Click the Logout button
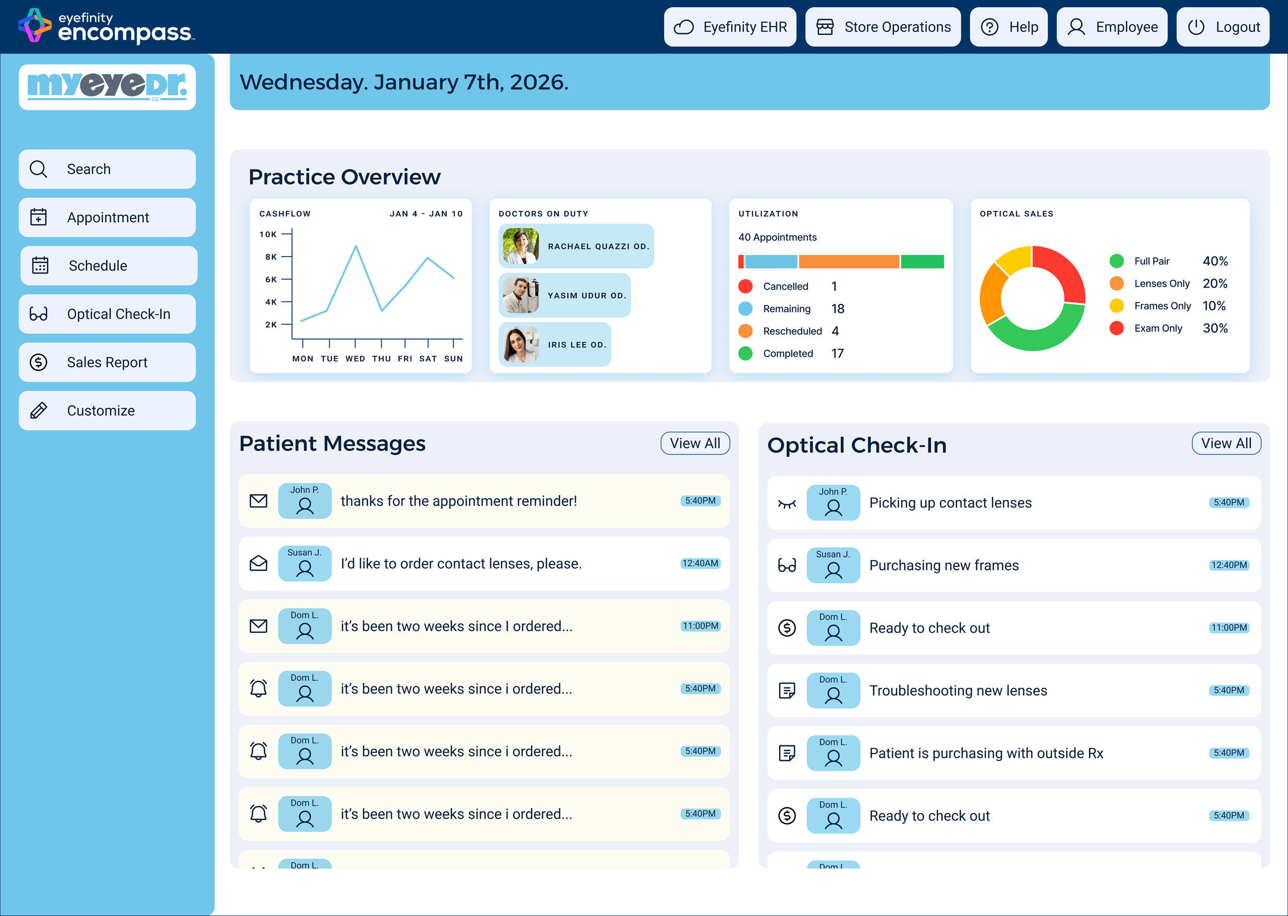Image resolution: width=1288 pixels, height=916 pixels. click(x=1223, y=27)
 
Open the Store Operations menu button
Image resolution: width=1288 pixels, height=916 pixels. click(x=883, y=27)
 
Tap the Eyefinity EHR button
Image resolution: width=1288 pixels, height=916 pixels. click(x=730, y=27)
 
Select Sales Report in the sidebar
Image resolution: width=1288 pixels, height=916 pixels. click(x=107, y=362)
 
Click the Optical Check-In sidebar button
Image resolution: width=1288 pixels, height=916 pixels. click(x=107, y=314)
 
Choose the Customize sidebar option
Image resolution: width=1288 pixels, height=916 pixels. click(x=107, y=411)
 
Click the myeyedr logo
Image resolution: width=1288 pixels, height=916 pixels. click(x=107, y=87)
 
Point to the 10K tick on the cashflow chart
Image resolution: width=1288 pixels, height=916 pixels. click(x=286, y=233)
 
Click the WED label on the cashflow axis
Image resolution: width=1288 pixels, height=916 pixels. click(x=355, y=359)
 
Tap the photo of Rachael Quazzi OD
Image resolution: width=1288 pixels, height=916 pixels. click(x=520, y=246)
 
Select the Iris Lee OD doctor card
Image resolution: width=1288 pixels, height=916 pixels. click(x=554, y=344)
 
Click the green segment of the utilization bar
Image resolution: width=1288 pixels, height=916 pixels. click(x=922, y=262)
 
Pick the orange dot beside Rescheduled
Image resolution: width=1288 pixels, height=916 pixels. click(x=745, y=331)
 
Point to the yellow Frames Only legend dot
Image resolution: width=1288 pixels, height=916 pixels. click(x=1116, y=306)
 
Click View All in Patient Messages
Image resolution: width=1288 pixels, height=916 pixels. click(x=695, y=444)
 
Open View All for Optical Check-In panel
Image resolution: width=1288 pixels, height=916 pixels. click(x=1226, y=444)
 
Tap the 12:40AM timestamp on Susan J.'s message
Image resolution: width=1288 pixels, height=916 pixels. click(x=700, y=564)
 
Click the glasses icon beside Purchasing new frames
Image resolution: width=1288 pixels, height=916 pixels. click(x=787, y=565)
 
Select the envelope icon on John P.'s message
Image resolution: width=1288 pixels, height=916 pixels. click(x=258, y=501)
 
